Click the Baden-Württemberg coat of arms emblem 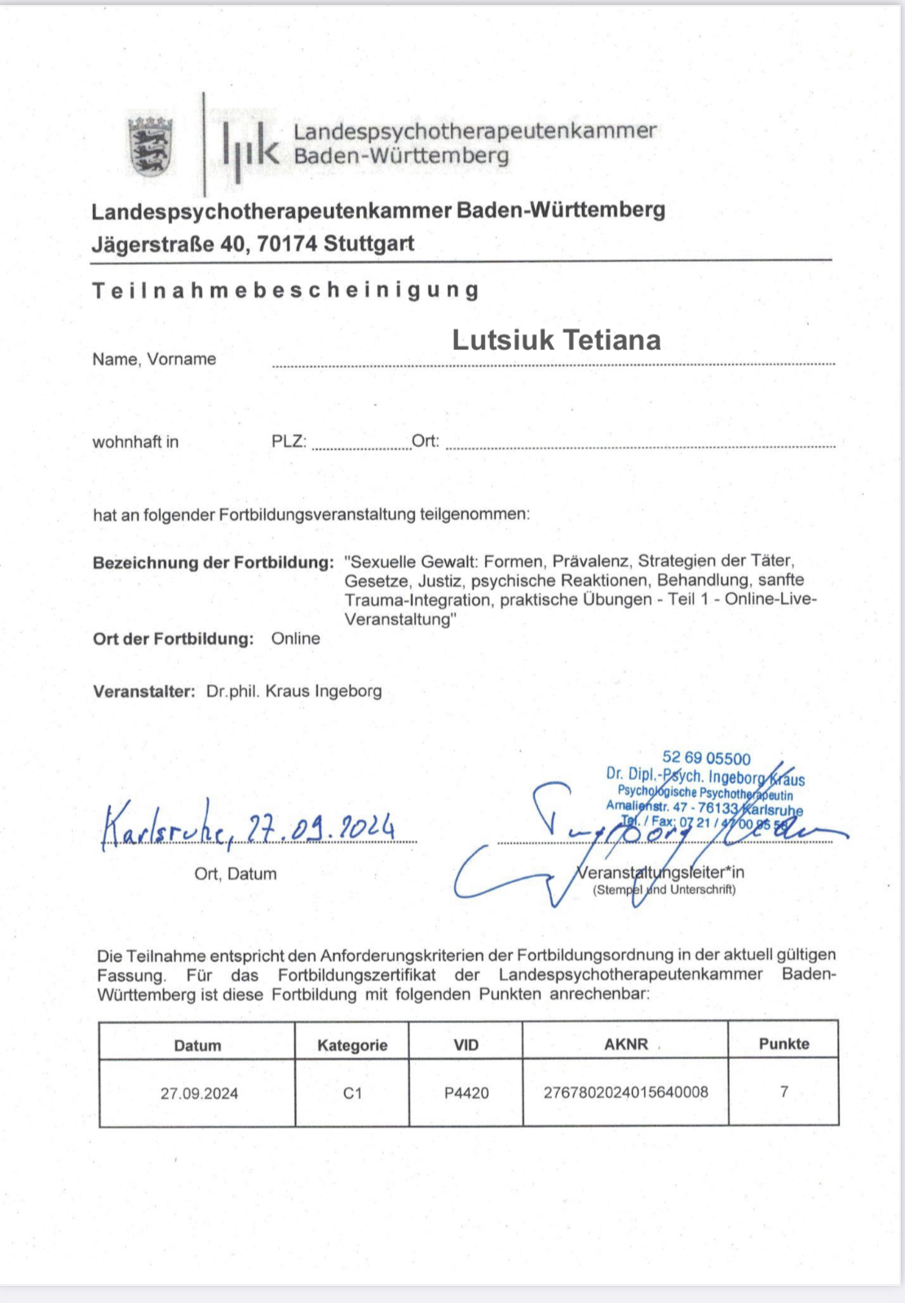click(151, 146)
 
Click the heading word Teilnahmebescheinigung click(285, 290)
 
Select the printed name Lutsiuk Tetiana click(556, 340)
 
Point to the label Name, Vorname click(154, 359)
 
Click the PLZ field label click(289, 441)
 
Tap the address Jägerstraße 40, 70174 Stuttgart click(253, 243)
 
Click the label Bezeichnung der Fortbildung click(213, 562)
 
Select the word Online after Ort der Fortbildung click(295, 638)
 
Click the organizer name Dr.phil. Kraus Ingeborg click(294, 691)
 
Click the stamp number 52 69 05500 click(706, 758)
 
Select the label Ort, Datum click(235, 874)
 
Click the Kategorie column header click(352, 1045)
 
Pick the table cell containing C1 click(352, 1093)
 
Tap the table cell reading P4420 click(466, 1093)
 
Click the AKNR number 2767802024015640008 click(625, 1092)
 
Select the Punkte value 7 click(784, 1092)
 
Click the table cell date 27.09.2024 click(199, 1093)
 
